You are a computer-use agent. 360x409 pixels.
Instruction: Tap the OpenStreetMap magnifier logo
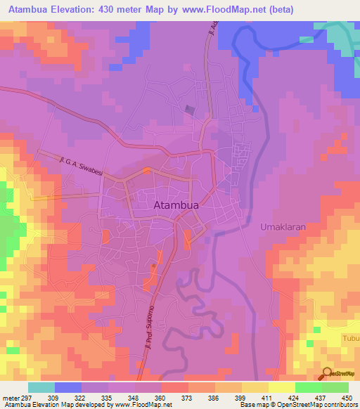326,374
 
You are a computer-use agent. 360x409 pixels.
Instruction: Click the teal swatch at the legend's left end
41,387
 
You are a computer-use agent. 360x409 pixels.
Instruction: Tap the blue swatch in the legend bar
68,387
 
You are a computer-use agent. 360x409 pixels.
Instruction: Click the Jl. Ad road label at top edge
211,32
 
